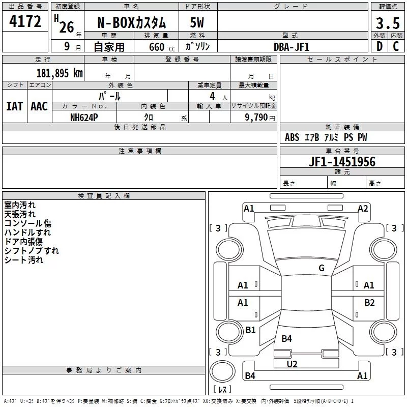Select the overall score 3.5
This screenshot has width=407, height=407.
[x=387, y=23]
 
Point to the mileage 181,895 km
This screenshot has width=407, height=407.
[x=60, y=73]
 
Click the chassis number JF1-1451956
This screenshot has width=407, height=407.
[x=342, y=162]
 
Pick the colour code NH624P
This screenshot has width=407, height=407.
[x=84, y=117]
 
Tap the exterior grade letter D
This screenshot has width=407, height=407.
[x=379, y=47]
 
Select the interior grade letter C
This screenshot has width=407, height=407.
[x=396, y=47]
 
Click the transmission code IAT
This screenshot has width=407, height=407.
[x=14, y=106]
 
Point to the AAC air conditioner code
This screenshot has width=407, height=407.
[x=39, y=106]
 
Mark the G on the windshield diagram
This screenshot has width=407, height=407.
[x=321, y=268]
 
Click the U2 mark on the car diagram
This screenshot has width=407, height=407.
[x=292, y=364]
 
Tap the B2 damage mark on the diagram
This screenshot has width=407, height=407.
[x=369, y=303]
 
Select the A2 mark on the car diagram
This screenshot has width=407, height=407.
[x=363, y=208]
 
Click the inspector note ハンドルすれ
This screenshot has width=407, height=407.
[x=27, y=232]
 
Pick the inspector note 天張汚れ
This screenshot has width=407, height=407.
[x=20, y=214]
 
